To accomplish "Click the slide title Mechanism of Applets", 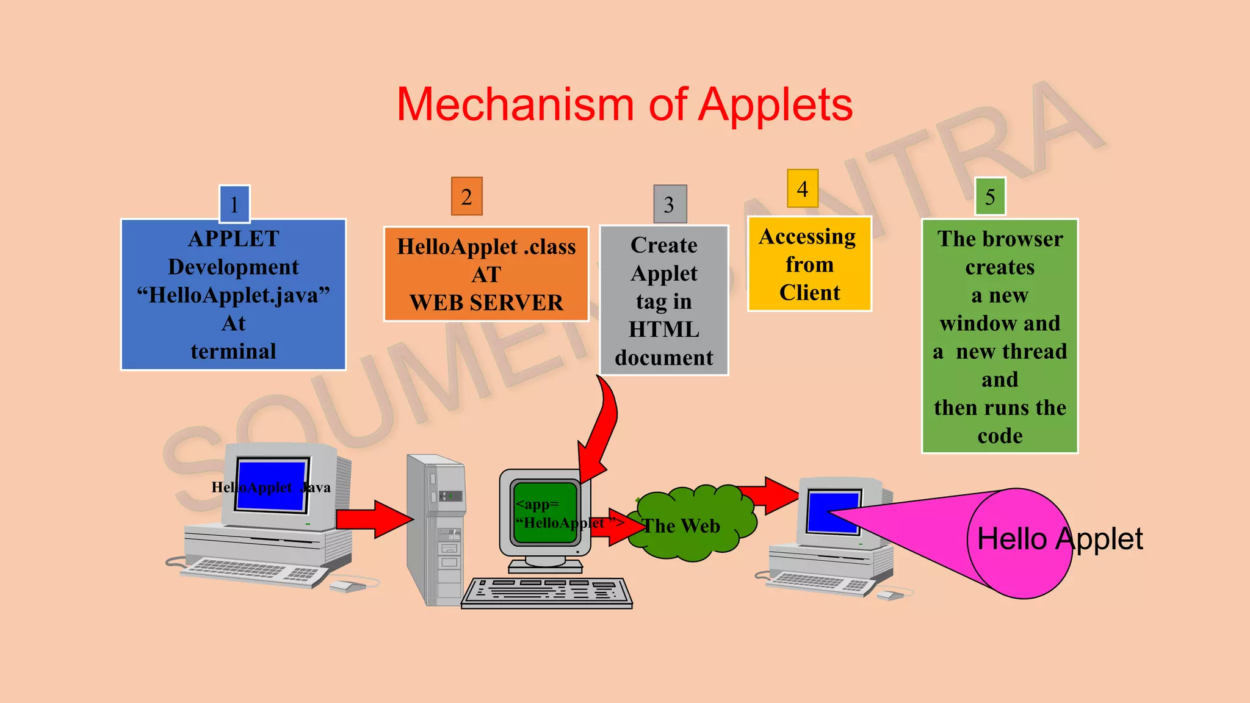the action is tap(624, 105).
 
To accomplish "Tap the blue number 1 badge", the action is tap(234, 204).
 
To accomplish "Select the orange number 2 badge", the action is tap(467, 196).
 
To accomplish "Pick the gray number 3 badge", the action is tap(670, 204).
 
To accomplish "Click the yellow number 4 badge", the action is tap(803, 189).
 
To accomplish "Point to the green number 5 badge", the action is tap(990, 196).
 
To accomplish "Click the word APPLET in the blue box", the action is tap(234, 239).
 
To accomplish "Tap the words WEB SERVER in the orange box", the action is tap(486, 303).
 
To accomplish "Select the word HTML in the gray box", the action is tap(664, 330).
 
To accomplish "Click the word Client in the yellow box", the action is tap(809, 293).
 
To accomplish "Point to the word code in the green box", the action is tap(1000, 436).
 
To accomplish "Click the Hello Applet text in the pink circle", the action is tap(1060, 539).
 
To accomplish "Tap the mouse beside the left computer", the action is tap(347, 586).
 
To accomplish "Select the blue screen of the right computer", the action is tap(833, 511).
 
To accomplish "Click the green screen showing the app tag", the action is tap(545, 513).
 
